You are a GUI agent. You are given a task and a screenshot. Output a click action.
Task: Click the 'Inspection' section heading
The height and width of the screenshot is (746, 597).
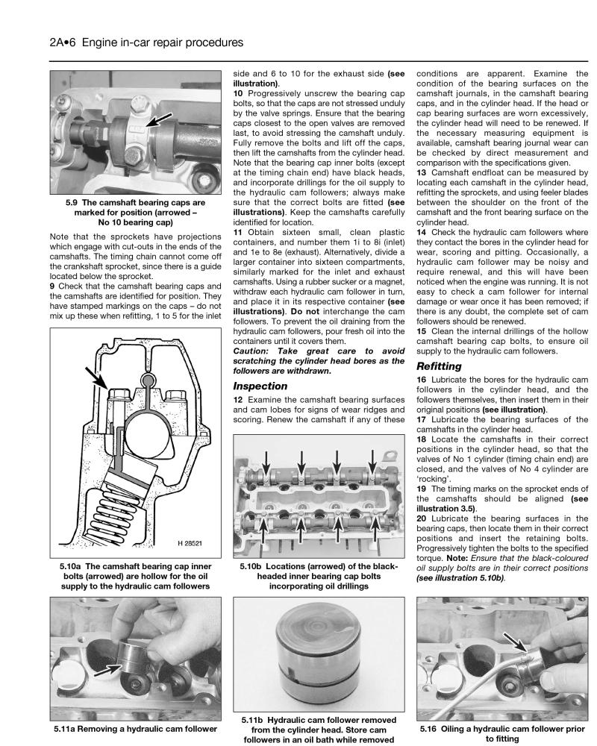[260, 386]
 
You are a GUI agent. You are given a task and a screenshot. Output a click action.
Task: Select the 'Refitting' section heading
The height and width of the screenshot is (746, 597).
[440, 366]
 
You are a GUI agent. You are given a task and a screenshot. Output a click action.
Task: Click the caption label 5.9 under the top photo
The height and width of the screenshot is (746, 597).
[72, 201]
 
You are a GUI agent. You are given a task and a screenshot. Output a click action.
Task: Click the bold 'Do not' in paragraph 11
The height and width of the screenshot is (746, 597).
[306, 310]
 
